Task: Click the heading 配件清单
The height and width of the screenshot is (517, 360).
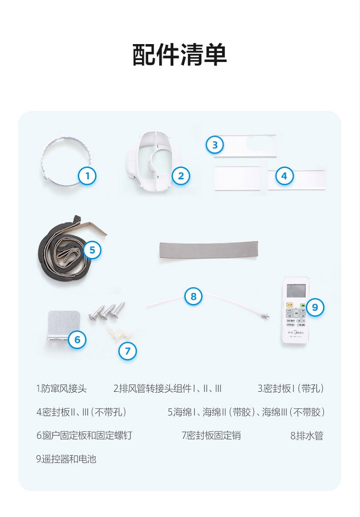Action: [180, 55]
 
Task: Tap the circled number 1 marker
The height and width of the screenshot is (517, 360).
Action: [87, 176]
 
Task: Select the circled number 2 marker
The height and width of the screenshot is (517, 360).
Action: [181, 176]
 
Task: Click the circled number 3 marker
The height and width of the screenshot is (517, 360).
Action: [215, 145]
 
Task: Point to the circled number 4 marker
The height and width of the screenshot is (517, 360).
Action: [284, 176]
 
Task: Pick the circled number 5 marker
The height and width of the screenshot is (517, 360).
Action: [92, 250]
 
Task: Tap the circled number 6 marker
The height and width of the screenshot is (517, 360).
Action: [77, 340]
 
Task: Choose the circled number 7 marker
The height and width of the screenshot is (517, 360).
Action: [128, 351]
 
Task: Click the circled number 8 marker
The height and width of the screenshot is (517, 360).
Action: [193, 296]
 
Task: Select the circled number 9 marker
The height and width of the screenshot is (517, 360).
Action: [315, 307]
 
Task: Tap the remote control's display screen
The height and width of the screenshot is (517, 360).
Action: [296, 291]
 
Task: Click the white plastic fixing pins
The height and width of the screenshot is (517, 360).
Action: [119, 333]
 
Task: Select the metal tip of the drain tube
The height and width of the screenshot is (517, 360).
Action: [265, 316]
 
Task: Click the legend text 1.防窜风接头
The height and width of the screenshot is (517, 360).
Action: [61, 389]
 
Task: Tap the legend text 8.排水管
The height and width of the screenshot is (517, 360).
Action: [307, 435]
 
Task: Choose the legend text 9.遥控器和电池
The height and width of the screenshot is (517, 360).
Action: [66, 459]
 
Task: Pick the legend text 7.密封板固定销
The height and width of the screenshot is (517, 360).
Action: [211, 435]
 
